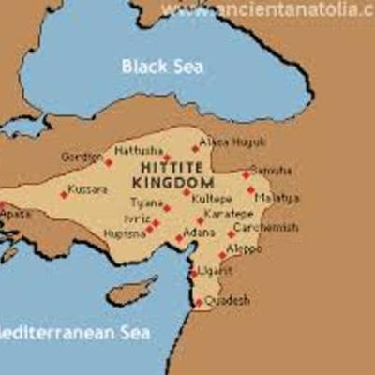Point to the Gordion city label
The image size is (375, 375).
tap(81, 157)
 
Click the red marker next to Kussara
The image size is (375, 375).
tap(64, 195)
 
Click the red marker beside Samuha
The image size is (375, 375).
tap(246, 174)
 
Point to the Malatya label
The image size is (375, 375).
tap(279, 198)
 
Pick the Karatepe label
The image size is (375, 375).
tap(228, 214)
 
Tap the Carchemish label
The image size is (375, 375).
tap(265, 228)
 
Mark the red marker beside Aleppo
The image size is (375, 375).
tap(222, 254)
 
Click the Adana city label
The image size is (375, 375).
tap(199, 231)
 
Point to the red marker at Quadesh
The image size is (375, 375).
tap(198, 302)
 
